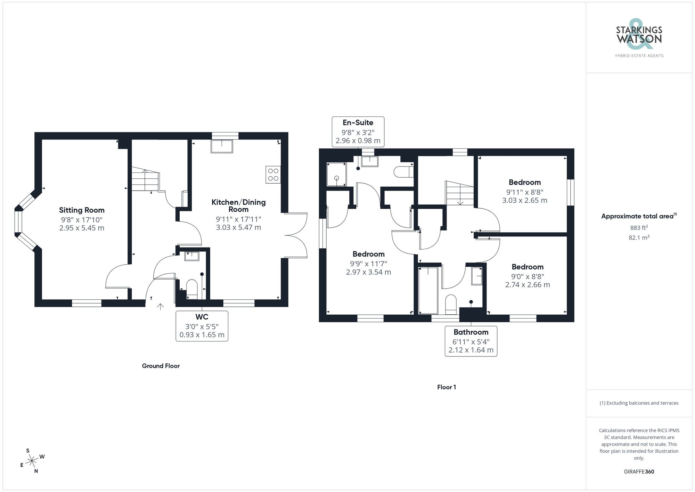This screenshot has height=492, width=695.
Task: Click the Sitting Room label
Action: (x=82, y=210)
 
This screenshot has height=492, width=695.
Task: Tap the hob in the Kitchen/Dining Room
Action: (x=273, y=175)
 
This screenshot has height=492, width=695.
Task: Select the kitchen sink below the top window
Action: (x=222, y=146)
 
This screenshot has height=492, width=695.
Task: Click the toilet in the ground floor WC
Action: (x=192, y=289)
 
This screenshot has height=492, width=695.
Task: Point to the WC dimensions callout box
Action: (x=202, y=326)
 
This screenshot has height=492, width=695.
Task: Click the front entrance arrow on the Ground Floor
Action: (x=160, y=306)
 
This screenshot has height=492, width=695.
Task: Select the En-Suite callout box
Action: (x=358, y=131)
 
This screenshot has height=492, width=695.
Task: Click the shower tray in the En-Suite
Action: (x=336, y=174)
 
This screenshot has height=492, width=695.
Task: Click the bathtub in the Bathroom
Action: (x=428, y=290)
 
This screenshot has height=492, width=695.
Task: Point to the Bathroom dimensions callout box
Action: (x=471, y=341)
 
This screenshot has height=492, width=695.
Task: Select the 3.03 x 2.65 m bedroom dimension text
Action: (x=524, y=201)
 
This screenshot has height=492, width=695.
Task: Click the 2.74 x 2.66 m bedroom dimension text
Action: (x=527, y=285)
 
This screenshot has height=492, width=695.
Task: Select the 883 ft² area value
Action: (x=639, y=228)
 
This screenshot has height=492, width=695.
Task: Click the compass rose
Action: (x=32, y=461)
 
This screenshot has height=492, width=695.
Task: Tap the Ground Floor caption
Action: (x=161, y=366)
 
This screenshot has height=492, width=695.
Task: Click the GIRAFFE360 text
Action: (x=639, y=471)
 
